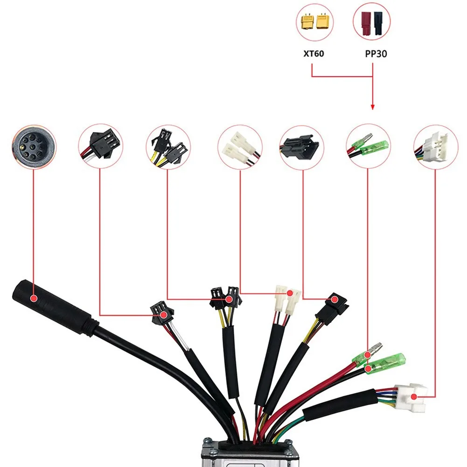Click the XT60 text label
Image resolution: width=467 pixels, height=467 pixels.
pyautogui.click(x=311, y=54)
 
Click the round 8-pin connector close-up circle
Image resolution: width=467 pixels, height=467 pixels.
pyautogui.click(x=34, y=146)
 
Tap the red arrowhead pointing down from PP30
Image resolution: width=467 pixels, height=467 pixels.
pyautogui.click(x=372, y=107)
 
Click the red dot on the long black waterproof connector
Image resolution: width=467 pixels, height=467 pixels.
pyautogui.click(x=34, y=298)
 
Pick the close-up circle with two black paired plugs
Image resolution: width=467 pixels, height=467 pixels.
pyautogui.click(x=168, y=146)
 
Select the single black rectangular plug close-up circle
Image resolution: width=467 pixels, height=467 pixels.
pyautogui.click(x=302, y=146)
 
